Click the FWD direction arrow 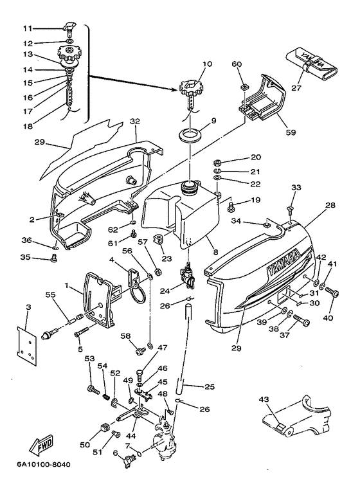41,444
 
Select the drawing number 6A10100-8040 44,465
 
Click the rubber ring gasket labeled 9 190,135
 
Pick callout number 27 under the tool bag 296,88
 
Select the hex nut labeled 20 218,161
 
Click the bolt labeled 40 332,292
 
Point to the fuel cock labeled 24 186,274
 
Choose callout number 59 291,132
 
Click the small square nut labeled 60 244,88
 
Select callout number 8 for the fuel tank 216,252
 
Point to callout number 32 135,121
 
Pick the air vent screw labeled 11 69,28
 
